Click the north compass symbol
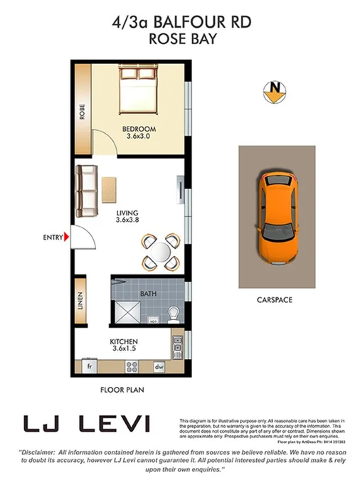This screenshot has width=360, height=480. [x=273, y=90]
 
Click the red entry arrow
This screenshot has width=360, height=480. [x=65, y=237]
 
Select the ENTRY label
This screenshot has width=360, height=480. [x=52, y=237]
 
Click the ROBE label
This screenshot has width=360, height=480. [x=83, y=112]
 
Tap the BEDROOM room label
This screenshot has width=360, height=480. [x=140, y=129]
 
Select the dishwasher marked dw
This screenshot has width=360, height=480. [x=160, y=367]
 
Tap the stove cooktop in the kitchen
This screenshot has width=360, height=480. [x=132, y=367]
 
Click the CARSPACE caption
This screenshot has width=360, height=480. [x=274, y=300]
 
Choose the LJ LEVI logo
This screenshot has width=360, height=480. [x=87, y=425]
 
